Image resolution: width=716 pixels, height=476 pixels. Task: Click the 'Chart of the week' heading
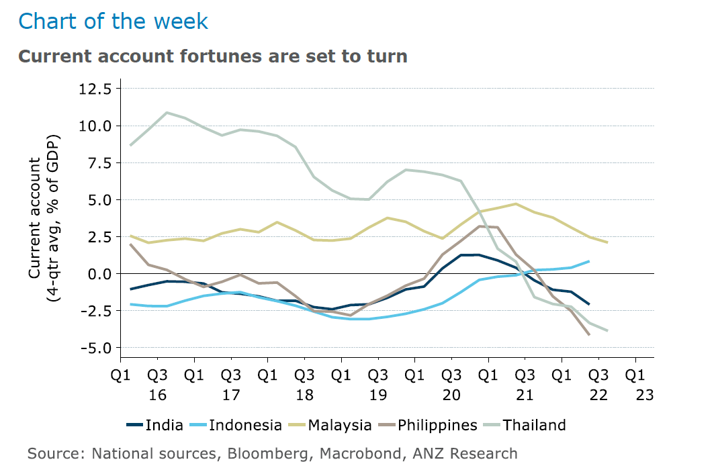click(x=113, y=21)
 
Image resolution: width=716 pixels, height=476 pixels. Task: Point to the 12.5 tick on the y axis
click(x=95, y=89)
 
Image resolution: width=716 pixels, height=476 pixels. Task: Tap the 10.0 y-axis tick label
click(x=95, y=126)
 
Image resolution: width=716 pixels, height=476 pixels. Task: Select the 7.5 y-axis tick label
click(x=99, y=163)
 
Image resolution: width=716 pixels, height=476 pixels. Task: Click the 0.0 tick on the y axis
click(x=99, y=274)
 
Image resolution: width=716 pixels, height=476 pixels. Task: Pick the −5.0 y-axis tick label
click(x=96, y=348)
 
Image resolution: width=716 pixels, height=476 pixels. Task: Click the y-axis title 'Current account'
click(x=34, y=218)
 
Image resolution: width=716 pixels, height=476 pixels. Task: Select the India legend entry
click(x=154, y=426)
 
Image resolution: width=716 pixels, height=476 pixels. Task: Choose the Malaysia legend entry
click(x=330, y=426)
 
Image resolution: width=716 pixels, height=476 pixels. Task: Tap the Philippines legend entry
click(x=428, y=426)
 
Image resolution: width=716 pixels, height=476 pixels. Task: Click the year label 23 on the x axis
click(x=645, y=395)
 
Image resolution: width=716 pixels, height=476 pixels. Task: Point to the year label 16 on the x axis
click(x=158, y=395)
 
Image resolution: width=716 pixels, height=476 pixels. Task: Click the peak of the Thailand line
click(x=167, y=112)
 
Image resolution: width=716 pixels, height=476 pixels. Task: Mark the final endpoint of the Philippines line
click(x=589, y=334)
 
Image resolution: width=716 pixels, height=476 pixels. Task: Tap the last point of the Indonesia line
click(x=589, y=262)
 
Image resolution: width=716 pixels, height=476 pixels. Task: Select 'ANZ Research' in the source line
click(x=465, y=454)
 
